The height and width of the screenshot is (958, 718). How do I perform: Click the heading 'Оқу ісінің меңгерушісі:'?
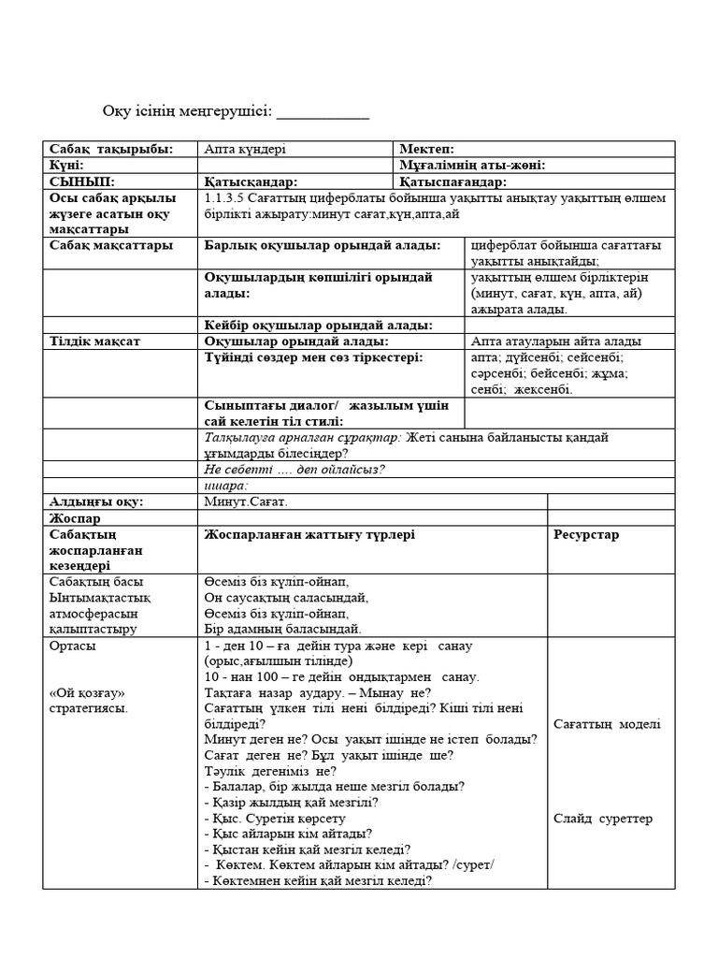187,112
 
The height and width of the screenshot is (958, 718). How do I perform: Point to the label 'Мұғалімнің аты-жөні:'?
472,166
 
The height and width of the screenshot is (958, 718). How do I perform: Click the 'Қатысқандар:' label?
251,181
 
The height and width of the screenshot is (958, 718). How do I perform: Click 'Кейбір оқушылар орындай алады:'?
318,325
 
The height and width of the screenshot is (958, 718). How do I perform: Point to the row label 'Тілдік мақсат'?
94,341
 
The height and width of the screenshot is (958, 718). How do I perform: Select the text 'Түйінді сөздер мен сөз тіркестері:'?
313,357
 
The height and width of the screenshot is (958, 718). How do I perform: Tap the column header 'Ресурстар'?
586,535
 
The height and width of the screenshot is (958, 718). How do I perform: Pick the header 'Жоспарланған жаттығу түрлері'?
309,534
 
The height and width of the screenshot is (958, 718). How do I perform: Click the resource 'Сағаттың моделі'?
607,724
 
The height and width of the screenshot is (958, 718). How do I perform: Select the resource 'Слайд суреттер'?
603,819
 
